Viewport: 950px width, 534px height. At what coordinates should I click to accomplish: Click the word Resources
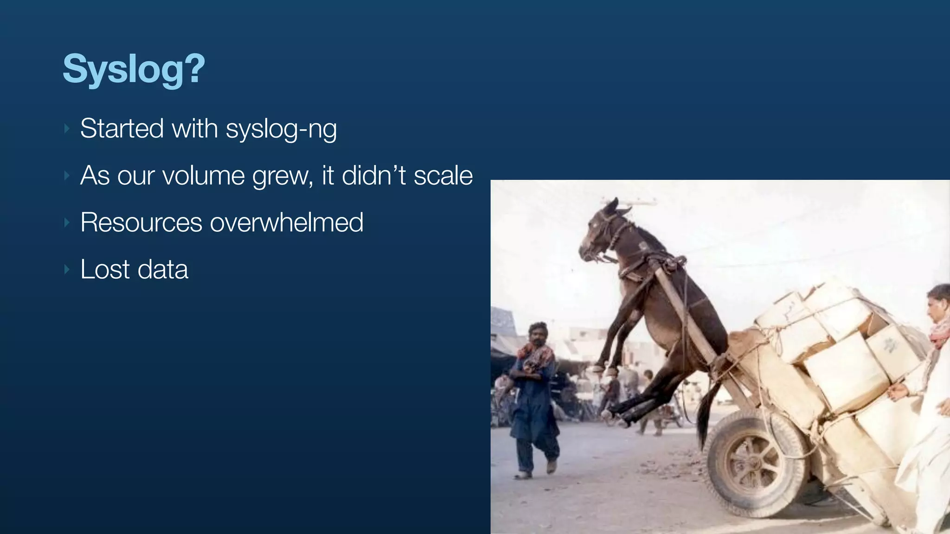click(141, 222)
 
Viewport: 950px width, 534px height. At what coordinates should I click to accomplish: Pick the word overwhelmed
click(287, 222)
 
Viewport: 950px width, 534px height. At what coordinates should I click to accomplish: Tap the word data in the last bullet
click(163, 269)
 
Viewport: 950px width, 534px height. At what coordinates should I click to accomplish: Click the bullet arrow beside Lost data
click(67, 269)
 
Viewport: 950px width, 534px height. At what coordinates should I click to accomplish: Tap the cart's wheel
click(756, 464)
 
